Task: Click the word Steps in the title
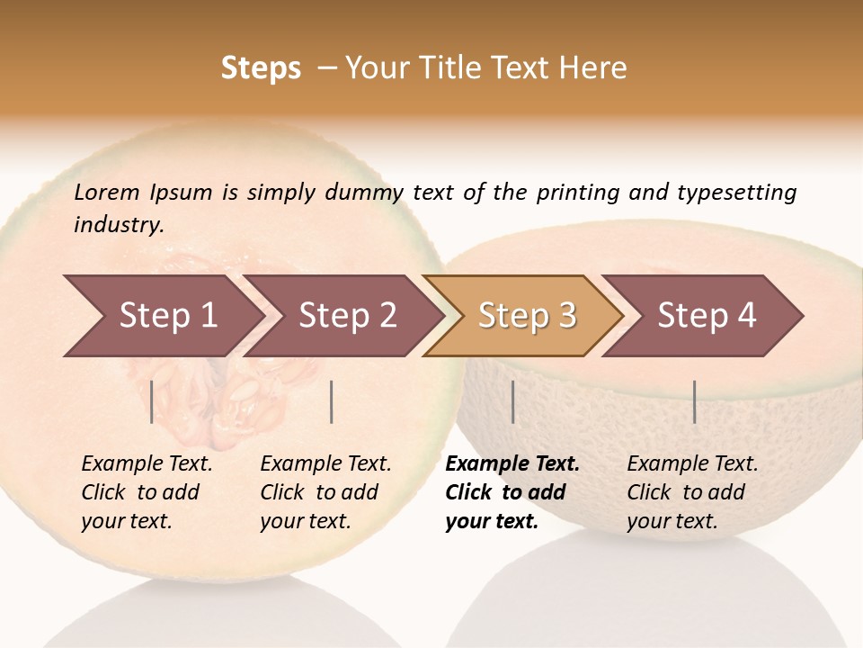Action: coord(261,68)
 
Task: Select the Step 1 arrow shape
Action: coord(162,316)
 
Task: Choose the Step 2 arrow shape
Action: coord(342,316)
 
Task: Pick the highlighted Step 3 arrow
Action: coord(523,316)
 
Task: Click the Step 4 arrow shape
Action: coord(703,316)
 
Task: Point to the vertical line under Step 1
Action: coord(152,401)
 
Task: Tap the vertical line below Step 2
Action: coord(332,401)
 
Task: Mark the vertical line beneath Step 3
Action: coord(512,401)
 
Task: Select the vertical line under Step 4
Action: coord(694,401)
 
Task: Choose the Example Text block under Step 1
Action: coord(146,492)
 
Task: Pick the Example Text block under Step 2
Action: coord(325,492)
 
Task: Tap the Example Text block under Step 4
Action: coord(691,492)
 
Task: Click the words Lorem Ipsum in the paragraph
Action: coord(143,193)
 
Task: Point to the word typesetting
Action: coord(736,193)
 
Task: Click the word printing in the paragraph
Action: coord(577,193)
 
